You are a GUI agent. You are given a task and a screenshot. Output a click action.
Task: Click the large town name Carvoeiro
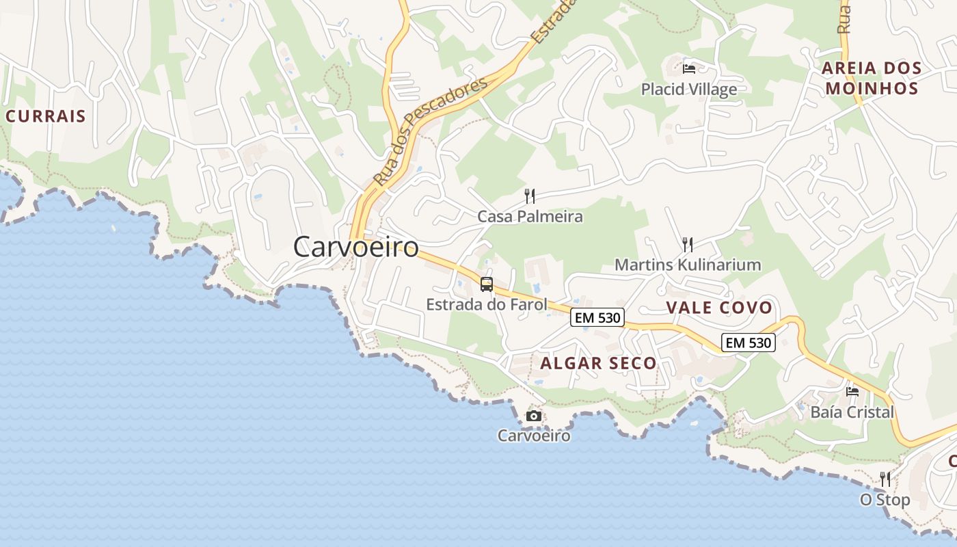point(355,247)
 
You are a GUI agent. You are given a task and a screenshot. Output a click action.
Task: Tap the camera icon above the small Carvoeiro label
point(534,416)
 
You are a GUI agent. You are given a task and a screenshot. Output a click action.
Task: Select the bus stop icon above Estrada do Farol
point(487,284)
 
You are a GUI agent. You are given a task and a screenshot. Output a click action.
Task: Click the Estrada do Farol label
point(487,304)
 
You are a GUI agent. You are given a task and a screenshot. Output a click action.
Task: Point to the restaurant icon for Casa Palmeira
point(530,196)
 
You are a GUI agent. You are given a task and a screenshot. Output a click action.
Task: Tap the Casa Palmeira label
point(530,217)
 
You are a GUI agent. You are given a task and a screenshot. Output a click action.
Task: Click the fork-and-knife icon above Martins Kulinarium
point(688,244)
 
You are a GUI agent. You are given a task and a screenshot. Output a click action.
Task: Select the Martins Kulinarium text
point(688,265)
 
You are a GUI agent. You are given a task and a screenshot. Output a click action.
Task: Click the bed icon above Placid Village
point(689,68)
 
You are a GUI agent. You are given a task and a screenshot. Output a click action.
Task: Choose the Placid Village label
point(689,89)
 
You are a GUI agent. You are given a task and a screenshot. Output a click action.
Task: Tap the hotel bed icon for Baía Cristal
point(852,392)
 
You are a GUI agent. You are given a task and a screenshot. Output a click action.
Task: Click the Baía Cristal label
point(852,412)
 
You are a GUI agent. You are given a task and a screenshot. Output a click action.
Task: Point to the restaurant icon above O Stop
point(885,479)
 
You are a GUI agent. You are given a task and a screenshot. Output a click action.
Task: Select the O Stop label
point(885,500)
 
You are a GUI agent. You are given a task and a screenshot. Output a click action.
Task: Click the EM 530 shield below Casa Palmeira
point(597,317)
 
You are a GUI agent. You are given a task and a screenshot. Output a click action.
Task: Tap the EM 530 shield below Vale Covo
point(749,343)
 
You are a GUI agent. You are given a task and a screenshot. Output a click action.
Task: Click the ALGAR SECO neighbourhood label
point(598,363)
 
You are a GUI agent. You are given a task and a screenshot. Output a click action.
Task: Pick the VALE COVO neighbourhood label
point(719,308)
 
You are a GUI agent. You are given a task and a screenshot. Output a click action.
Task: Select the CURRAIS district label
point(46,116)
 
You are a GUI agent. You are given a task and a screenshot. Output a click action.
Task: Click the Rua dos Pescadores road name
point(431,131)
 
